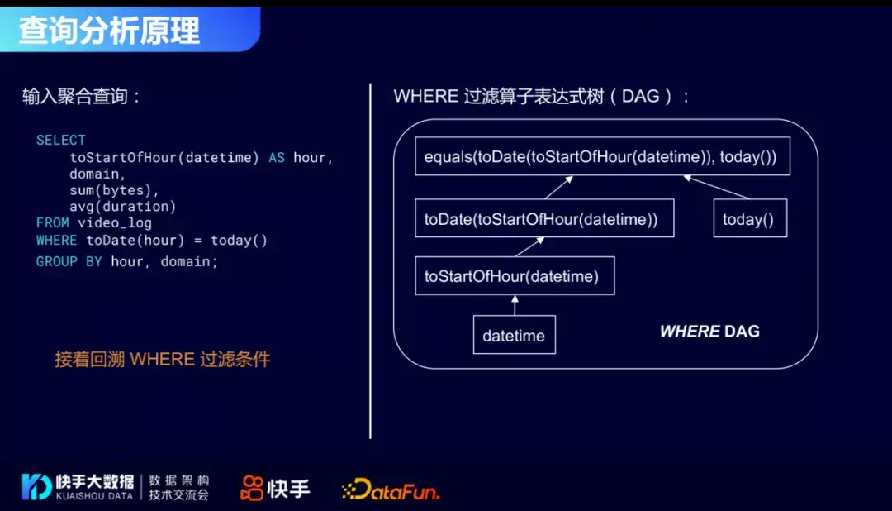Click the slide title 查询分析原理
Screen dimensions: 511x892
point(110,31)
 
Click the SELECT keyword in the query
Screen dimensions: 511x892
point(60,140)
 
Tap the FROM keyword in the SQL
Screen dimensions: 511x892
point(53,222)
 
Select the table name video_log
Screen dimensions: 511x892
point(115,222)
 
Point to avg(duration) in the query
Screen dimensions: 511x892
point(122,206)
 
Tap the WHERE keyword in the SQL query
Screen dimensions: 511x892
point(57,241)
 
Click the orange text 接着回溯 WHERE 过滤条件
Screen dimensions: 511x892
point(162,359)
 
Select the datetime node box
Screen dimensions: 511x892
point(514,336)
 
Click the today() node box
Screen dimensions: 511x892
point(750,219)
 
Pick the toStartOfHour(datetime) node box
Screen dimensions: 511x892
point(515,276)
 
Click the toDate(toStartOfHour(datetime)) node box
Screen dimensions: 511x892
point(543,219)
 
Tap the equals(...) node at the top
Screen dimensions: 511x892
point(601,156)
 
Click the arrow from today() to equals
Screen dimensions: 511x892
point(716,187)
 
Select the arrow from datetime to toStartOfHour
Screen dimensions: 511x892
point(514,305)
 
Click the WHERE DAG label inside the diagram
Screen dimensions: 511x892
point(709,332)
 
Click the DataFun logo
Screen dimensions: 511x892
point(390,489)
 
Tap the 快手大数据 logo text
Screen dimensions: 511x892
point(95,481)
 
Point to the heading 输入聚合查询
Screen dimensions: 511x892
point(81,96)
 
